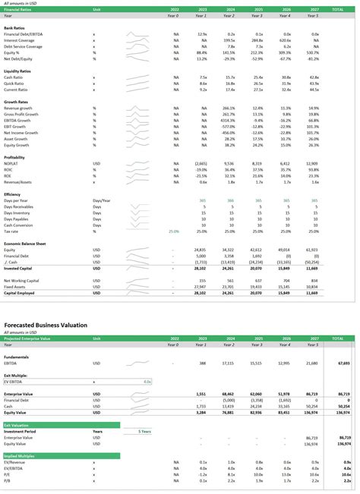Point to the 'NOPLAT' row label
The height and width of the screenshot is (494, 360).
[11, 162]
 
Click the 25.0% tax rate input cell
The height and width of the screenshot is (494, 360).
[173, 231]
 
